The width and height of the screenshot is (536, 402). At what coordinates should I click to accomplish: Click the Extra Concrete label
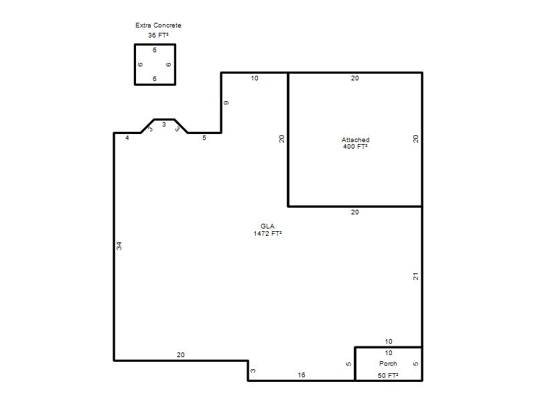coord(158,25)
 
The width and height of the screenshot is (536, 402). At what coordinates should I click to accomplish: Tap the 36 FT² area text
coord(158,36)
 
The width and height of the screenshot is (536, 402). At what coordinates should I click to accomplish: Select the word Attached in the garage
coord(356,140)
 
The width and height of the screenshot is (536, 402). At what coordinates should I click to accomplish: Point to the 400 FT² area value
coord(356,147)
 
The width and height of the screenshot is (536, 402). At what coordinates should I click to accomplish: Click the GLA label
coord(267,226)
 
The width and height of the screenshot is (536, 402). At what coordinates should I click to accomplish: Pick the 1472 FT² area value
coord(267,234)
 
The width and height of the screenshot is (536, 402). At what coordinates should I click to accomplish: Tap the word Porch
coord(388,364)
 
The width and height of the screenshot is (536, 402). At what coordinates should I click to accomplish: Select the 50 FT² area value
coord(388,376)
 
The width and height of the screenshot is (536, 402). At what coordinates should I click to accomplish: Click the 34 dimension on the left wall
coord(119,246)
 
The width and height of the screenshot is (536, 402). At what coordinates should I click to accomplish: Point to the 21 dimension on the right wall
coord(415,276)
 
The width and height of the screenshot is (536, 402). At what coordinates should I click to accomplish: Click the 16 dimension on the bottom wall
coord(301,375)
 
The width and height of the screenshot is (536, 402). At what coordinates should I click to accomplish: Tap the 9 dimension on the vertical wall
coord(226,103)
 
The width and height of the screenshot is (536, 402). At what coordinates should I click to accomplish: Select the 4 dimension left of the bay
coord(127,138)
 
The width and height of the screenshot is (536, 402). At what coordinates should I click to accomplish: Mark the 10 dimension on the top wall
coord(255,78)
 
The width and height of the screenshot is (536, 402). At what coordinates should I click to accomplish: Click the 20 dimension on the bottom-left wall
coord(180,355)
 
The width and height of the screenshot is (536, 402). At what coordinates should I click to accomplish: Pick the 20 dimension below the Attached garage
coord(355,212)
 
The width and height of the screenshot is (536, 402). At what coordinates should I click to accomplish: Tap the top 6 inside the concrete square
coord(155,50)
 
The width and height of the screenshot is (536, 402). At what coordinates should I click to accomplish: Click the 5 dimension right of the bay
coord(204,138)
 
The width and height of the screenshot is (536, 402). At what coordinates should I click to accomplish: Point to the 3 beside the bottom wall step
coord(253,371)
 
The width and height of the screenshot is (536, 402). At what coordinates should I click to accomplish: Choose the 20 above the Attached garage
coord(355,78)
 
